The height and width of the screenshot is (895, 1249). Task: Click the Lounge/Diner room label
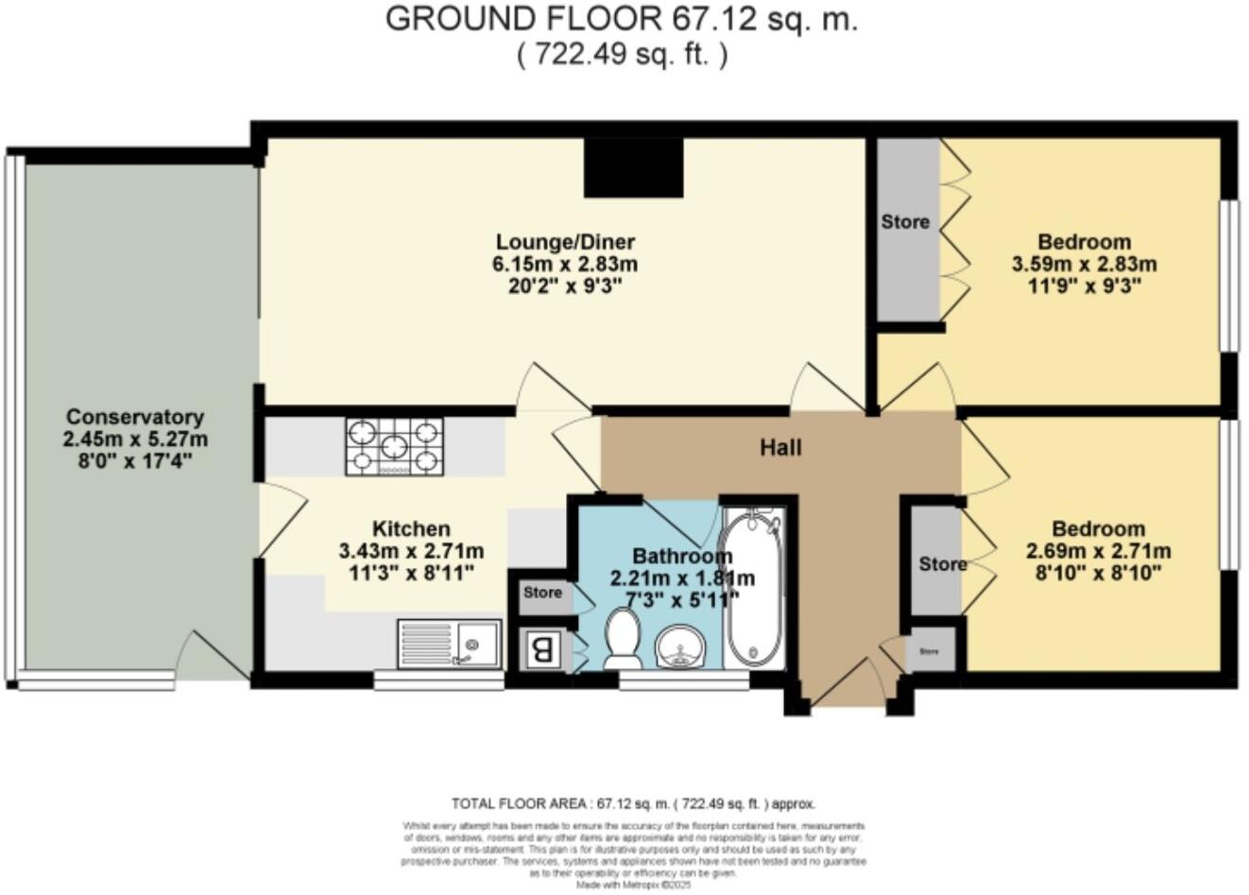[565, 242]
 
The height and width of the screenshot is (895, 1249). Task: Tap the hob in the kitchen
[394, 446]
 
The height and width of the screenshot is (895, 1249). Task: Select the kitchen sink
[450, 644]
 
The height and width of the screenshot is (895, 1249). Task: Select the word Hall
[780, 447]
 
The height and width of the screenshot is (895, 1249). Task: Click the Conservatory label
[135, 417]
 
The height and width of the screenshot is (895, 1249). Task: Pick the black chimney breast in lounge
[633, 168]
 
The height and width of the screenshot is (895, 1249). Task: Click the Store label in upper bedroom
[905, 222]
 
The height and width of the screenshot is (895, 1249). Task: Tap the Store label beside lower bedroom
[942, 564]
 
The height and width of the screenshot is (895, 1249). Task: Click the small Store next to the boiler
[543, 594]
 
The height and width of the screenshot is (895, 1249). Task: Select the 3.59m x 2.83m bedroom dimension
[1084, 265]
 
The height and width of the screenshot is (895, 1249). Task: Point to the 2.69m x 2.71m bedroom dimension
[1098, 551]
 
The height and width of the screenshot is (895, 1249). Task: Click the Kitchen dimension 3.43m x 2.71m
[411, 551]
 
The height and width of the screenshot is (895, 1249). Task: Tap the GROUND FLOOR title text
[621, 19]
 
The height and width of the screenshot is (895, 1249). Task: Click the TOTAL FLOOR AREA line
[633, 804]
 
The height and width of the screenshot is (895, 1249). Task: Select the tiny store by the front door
[931, 651]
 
